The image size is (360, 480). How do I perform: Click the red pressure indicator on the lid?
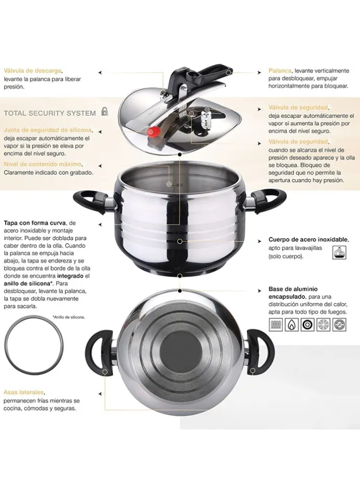[x=153, y=131]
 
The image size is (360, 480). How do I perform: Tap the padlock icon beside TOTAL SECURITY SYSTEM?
[x=105, y=111]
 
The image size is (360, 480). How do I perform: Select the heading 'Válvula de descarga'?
[x=33, y=71]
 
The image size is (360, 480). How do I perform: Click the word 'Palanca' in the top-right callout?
[x=280, y=71]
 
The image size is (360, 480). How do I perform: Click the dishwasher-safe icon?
[x=340, y=252]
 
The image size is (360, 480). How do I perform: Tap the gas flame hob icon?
[x=292, y=324]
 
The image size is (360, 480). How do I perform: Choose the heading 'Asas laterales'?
[x=24, y=392]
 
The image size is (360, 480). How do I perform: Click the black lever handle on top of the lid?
[x=199, y=75]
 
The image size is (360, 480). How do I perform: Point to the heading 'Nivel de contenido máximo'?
[x=43, y=164]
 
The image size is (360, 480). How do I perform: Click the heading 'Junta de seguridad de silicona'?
[x=48, y=130]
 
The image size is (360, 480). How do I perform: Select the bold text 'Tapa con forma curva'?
[x=35, y=223]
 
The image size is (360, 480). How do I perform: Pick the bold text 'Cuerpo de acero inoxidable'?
[x=308, y=239]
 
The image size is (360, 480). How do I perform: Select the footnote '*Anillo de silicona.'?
[x=68, y=317]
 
